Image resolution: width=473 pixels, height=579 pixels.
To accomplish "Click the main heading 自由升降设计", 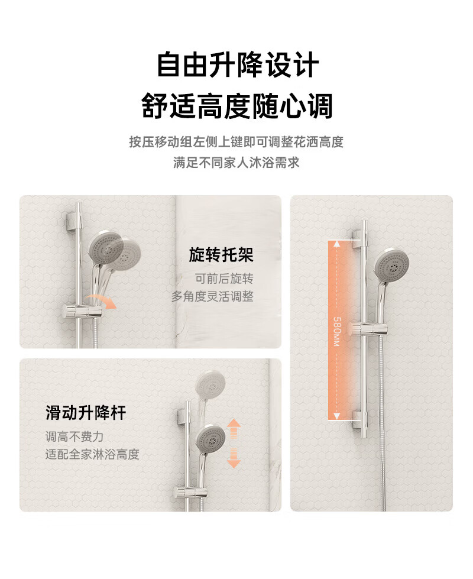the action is [x=237, y=65].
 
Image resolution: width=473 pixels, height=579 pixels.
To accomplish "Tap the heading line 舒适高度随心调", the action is [x=237, y=106].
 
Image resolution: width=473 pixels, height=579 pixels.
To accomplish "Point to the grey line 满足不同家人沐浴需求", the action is [x=237, y=163].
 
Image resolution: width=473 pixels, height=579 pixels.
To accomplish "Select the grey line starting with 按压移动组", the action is [x=237, y=142].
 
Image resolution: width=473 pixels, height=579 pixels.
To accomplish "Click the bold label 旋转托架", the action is [x=221, y=255].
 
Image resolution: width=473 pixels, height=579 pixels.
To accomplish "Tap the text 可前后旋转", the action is [x=224, y=279].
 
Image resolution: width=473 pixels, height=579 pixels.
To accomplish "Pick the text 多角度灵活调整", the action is [x=212, y=296].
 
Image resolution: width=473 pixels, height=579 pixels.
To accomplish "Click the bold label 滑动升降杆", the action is [x=86, y=412].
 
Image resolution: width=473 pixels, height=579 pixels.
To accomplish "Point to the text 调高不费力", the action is [x=74, y=437].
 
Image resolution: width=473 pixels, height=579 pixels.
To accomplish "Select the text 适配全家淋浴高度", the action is [x=92, y=454].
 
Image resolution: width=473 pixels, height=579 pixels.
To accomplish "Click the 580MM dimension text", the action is [x=337, y=331].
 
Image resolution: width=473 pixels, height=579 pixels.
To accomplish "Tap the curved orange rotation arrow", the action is [x=102, y=300].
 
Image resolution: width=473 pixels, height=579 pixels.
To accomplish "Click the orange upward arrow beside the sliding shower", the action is [x=234, y=428].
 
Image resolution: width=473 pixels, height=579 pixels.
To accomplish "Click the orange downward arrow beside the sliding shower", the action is [x=234, y=458].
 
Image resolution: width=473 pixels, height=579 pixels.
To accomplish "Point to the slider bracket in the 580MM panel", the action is [x=369, y=329].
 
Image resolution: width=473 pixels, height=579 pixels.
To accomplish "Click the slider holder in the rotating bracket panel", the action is [x=82, y=311].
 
